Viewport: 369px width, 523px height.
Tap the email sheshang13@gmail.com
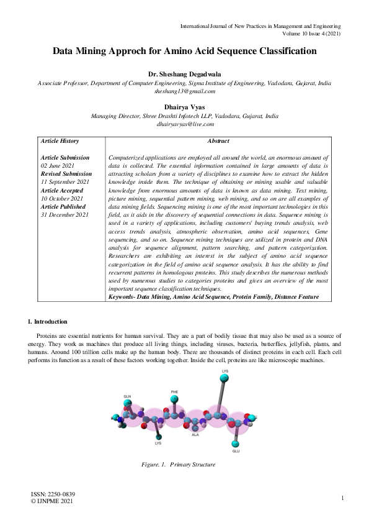184,91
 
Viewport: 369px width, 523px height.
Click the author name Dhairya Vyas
184,107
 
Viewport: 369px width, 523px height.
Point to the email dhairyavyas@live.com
184,124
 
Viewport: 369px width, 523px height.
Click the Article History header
60,141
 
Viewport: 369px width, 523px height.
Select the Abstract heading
218,141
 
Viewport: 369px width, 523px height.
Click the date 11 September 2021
65,182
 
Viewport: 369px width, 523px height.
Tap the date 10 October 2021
61,198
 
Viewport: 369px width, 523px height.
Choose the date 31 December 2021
64,214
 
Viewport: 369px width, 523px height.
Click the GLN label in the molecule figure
127,396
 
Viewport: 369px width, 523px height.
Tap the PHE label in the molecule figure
175,392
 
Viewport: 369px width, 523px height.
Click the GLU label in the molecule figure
235,451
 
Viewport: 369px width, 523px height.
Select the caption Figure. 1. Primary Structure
178,465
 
